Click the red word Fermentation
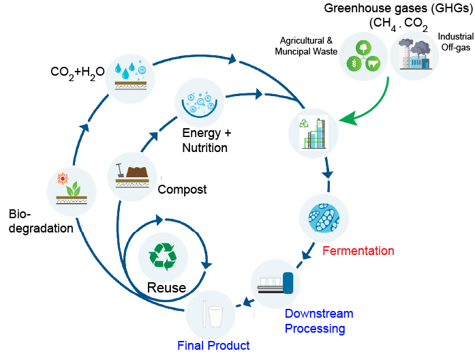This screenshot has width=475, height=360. [358, 251]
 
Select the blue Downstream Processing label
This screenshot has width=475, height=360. [318, 321]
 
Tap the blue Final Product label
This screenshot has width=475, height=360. [213, 346]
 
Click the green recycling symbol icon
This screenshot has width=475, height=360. [163, 256]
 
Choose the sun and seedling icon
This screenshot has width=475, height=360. [72, 192]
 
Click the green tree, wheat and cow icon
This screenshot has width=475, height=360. [364, 57]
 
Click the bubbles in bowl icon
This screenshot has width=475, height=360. [199, 102]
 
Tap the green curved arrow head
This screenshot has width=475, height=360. [346, 119]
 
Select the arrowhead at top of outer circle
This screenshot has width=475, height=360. [233, 58]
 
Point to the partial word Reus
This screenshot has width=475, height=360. [164, 288]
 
